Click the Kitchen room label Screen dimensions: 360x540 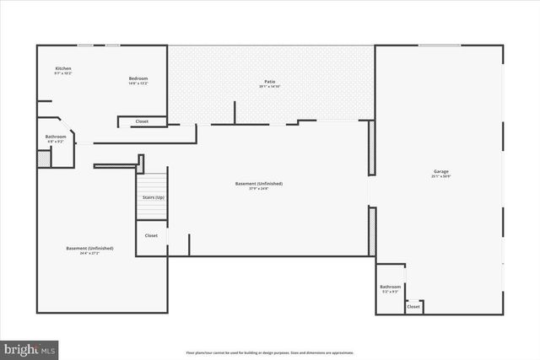[x=63, y=68]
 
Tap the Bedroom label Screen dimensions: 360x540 [x=138, y=78]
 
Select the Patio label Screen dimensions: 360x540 [x=269, y=81]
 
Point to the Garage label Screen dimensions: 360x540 [x=441, y=172]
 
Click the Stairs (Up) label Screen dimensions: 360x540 [x=153, y=197]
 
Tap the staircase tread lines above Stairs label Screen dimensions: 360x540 [x=153, y=183]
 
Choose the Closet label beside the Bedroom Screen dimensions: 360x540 [x=142, y=121]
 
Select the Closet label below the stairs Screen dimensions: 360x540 [x=151, y=235]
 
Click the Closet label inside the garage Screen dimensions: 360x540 [x=413, y=307]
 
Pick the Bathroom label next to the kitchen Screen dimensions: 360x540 [x=56, y=137]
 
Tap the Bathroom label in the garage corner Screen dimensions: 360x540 [x=390, y=287]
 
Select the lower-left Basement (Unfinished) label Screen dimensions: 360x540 [x=89, y=249]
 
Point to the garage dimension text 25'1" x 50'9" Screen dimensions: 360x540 [x=441, y=177]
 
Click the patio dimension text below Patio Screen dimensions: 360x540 [x=269, y=86]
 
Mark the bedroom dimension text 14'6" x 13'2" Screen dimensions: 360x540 [x=138, y=83]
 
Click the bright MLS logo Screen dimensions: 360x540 [x=30, y=347]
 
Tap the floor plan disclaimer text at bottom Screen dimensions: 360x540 [x=269, y=352]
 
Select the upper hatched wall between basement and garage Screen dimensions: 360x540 [x=371, y=148]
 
